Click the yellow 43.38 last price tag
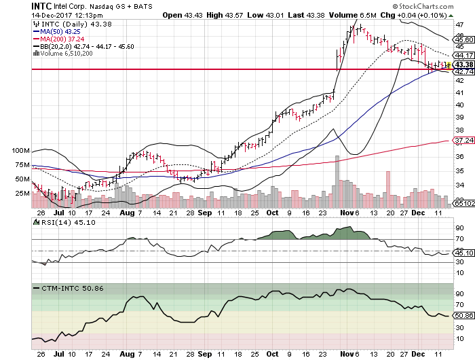click(x=463, y=64)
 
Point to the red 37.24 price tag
click(x=463, y=141)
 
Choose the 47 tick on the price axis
click(x=459, y=24)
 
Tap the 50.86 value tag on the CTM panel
click(x=463, y=315)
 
